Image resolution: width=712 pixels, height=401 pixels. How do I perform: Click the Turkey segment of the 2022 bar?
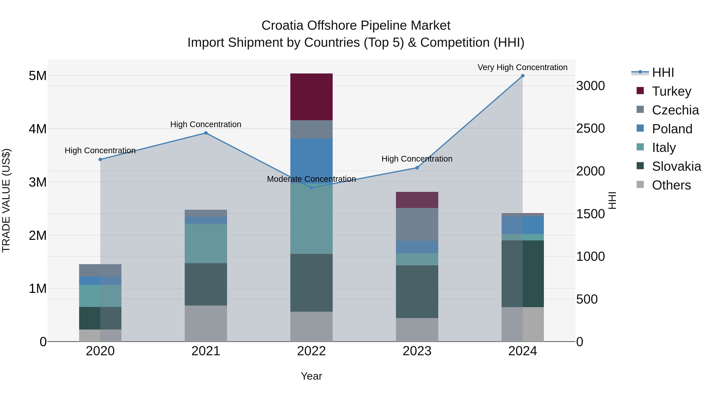[311, 97]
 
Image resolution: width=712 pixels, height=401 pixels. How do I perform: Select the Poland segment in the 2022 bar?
[311, 161]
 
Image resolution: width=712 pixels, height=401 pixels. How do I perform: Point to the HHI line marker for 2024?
[522, 76]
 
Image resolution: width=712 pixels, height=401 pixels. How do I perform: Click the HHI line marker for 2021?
[206, 133]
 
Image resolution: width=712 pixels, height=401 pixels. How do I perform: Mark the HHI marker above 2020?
[100, 160]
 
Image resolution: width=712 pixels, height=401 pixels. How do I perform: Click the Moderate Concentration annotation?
[311, 179]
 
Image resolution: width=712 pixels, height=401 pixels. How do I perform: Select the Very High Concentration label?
[522, 67]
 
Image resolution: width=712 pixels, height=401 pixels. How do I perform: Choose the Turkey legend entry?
[671, 91]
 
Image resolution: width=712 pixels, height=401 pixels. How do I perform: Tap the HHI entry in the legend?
[663, 72]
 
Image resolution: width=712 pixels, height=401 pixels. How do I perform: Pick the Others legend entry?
[671, 185]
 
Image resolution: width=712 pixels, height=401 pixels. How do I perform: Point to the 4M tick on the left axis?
[38, 129]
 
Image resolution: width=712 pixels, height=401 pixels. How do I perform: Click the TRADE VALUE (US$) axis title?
[6, 200]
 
